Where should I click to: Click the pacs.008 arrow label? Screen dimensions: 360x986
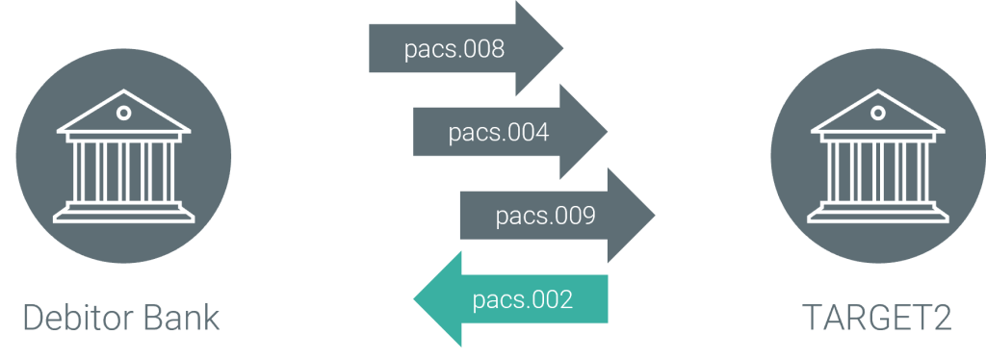coord(454,49)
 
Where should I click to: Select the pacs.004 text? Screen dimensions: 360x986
coord(499,133)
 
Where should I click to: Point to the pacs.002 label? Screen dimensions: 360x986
coord(523,299)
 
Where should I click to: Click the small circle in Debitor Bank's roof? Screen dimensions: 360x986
coord(122,114)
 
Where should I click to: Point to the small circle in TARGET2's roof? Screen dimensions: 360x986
coord(876,114)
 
